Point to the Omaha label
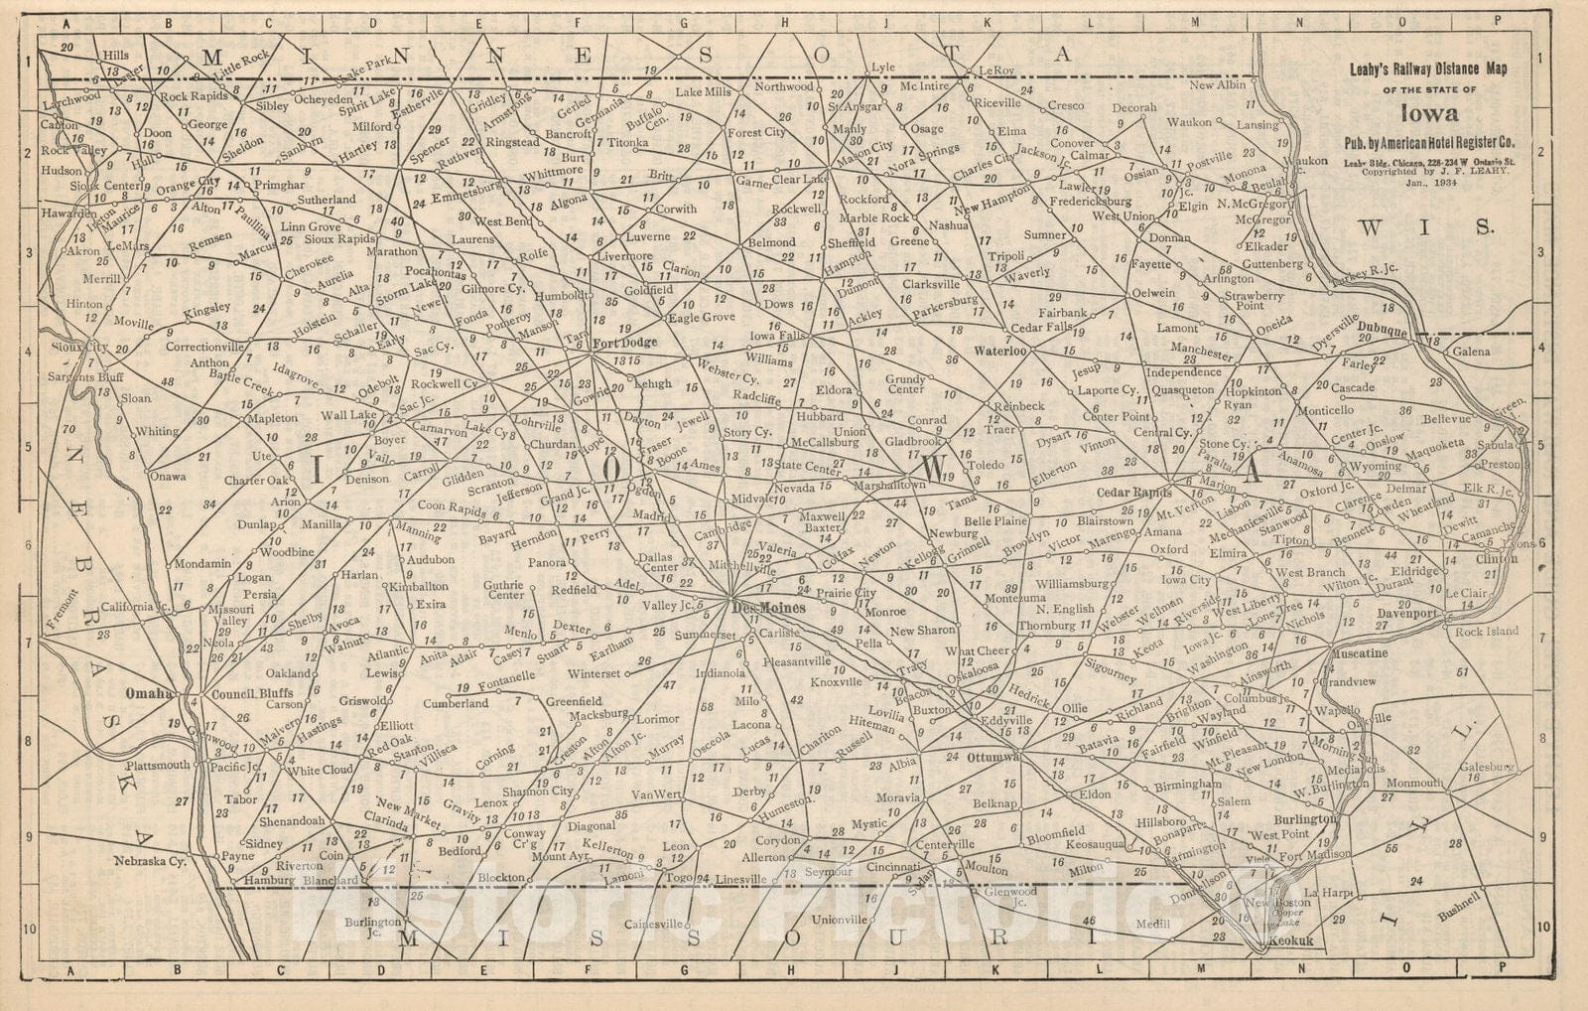(x=150, y=692)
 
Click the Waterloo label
(x=998, y=351)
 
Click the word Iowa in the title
(x=1430, y=113)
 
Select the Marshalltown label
(x=890, y=485)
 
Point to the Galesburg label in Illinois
(x=1487, y=767)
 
